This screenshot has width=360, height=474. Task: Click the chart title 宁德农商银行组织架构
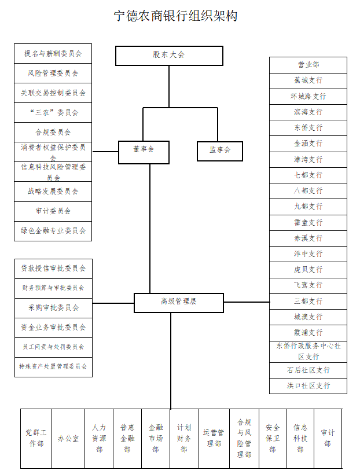(175, 16)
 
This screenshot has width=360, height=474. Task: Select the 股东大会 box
(169, 55)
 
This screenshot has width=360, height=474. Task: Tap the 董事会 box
(144, 150)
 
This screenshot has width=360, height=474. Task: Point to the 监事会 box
(219, 150)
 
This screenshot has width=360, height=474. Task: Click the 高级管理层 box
(178, 302)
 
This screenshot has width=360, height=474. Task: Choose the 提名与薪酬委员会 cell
(53, 53)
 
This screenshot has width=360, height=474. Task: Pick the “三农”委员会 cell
(53, 112)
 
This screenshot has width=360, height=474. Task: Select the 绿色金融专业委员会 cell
(53, 230)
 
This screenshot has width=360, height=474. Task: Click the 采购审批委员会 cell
(53, 307)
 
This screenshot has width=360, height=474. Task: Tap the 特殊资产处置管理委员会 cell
(53, 366)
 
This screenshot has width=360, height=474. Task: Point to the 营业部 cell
(308, 65)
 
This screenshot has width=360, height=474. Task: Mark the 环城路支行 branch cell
(308, 96)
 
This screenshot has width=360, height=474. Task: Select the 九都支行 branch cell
(308, 207)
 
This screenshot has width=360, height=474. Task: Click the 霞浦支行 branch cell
(308, 333)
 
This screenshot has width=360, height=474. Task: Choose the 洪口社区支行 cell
(308, 385)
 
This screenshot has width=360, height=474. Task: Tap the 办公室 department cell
(68, 439)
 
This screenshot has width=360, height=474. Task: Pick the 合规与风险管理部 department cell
(244, 439)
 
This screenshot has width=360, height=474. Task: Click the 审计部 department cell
(328, 438)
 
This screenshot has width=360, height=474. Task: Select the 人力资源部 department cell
(99, 439)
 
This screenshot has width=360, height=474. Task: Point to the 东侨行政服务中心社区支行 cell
(308, 351)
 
